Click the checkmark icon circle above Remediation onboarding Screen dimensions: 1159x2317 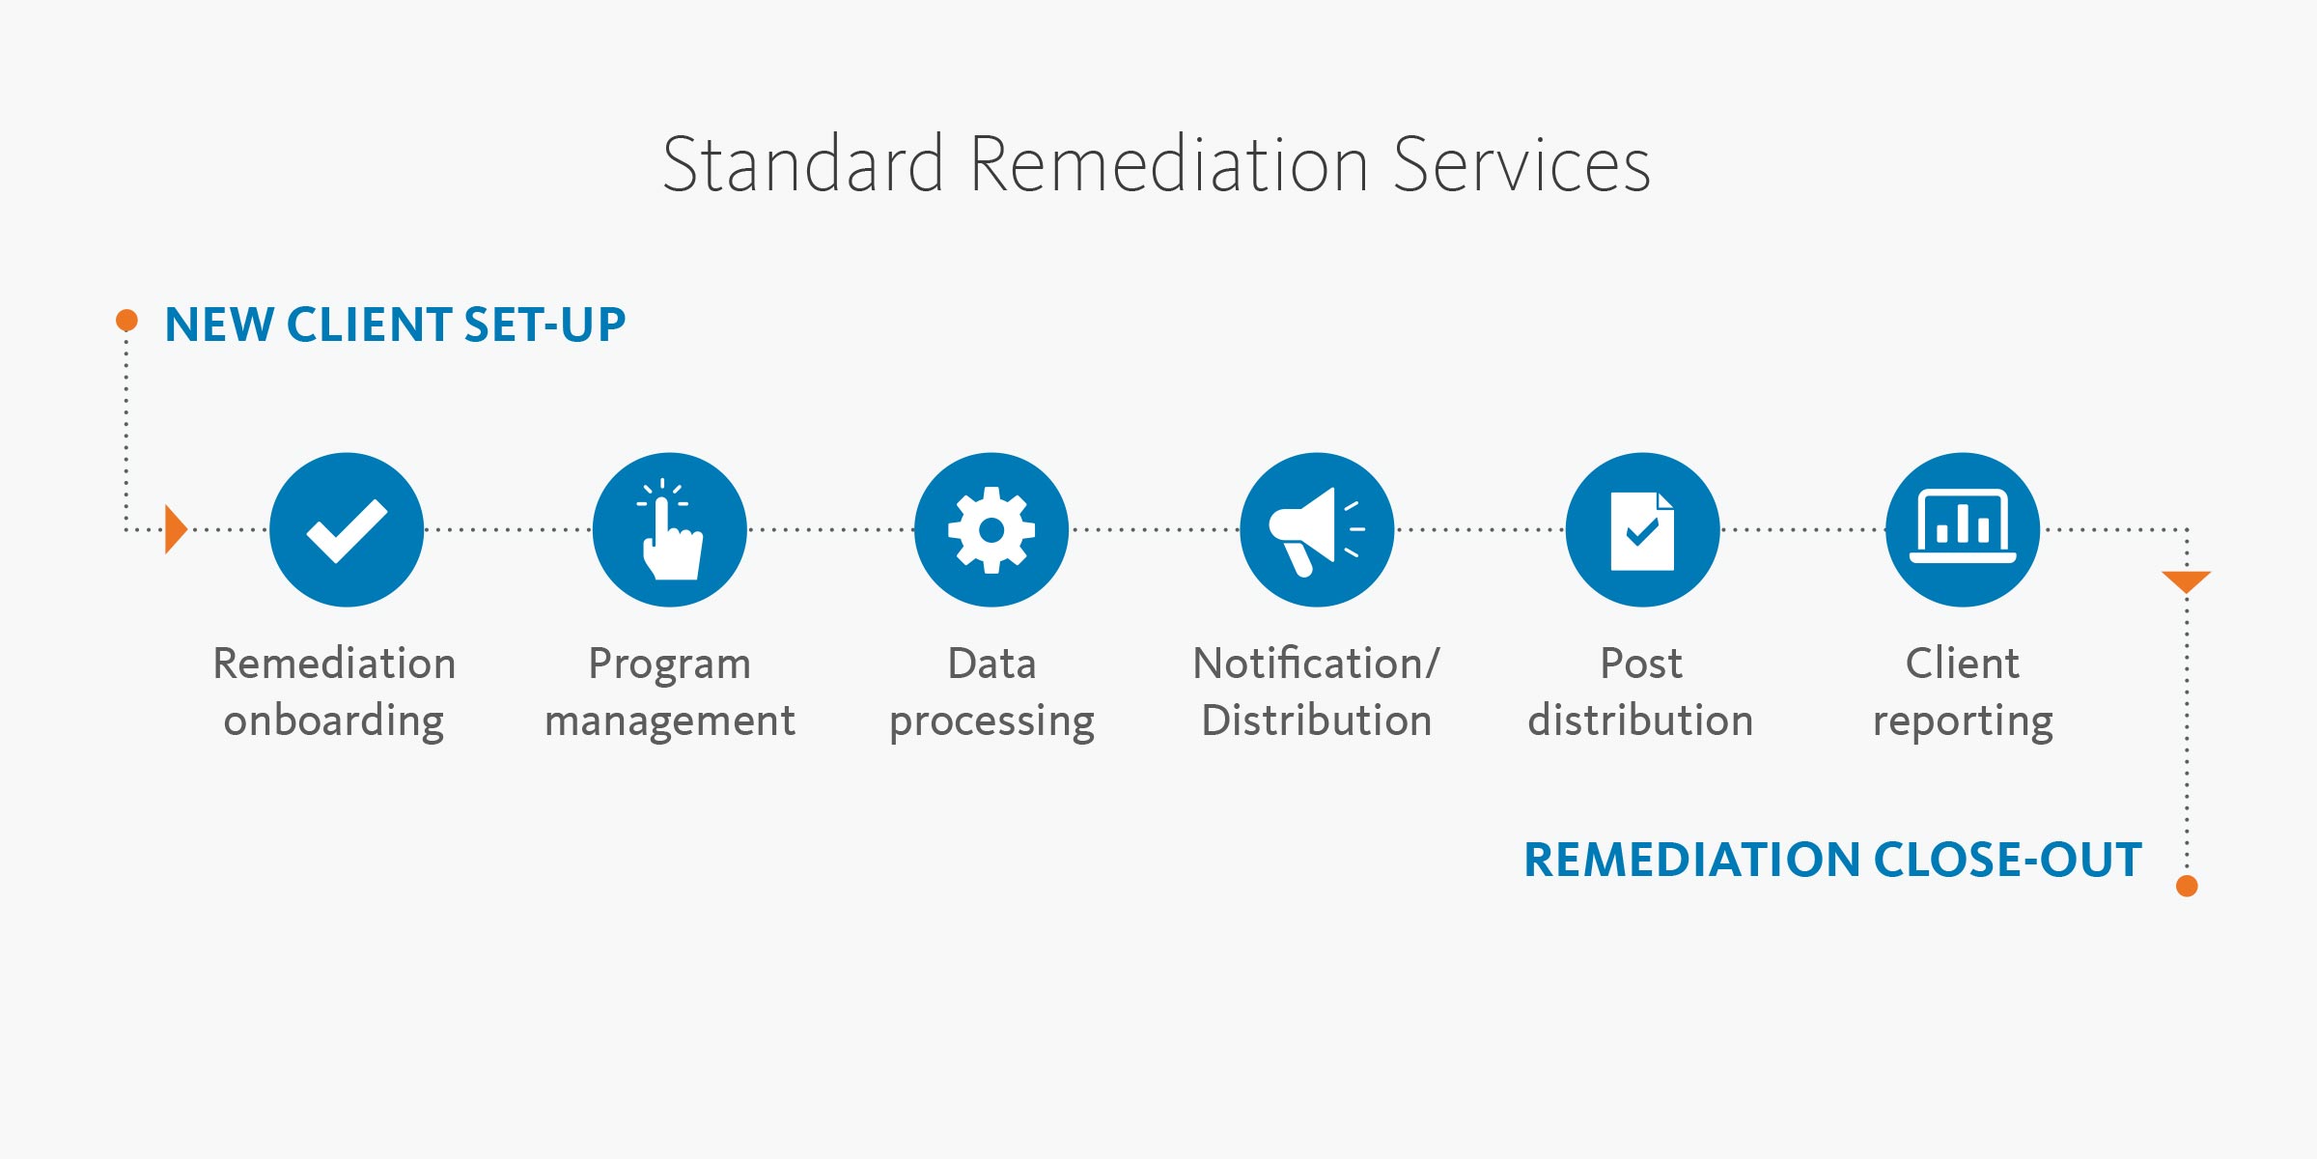pyautogui.click(x=347, y=529)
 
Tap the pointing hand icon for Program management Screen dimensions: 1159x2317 pyautogui.click(x=670, y=529)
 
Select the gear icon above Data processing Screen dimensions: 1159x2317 pyautogui.click(x=991, y=529)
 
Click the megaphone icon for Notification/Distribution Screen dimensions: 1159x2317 pyautogui.click(x=1317, y=529)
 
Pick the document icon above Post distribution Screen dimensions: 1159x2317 pyautogui.click(x=1642, y=529)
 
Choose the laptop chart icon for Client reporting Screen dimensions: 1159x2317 pyautogui.click(x=1963, y=529)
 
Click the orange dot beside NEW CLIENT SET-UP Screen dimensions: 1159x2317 pyautogui.click(x=126, y=320)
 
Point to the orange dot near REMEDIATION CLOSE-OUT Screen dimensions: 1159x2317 pyautogui.click(x=2188, y=886)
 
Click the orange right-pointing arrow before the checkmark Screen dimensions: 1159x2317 pyautogui.click(x=175, y=529)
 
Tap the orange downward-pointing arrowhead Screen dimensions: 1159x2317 pyautogui.click(x=2187, y=580)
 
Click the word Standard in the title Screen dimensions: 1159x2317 pyautogui.click(x=803, y=165)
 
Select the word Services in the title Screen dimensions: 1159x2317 pyautogui.click(x=1521, y=165)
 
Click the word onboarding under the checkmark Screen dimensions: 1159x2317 pyautogui.click(x=334, y=721)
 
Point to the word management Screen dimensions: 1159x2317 pyautogui.click(x=670, y=721)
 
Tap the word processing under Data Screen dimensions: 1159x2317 pyautogui.click(x=991, y=721)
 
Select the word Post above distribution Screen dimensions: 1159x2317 pyautogui.click(x=1641, y=664)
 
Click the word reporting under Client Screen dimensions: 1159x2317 pyautogui.click(x=1963, y=721)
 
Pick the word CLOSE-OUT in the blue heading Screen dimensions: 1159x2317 pyautogui.click(x=2008, y=860)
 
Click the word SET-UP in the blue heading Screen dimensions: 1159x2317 pyautogui.click(x=544, y=325)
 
